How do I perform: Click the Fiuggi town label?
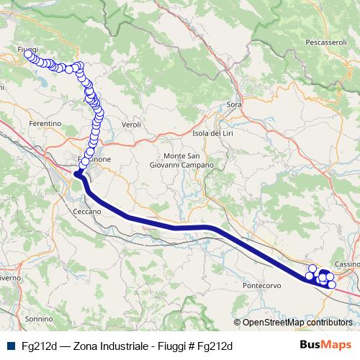(x=27, y=48)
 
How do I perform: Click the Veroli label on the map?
(x=131, y=125)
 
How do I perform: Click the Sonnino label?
(x=39, y=318)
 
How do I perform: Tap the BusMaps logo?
(x=324, y=346)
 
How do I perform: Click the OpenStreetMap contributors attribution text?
(x=297, y=323)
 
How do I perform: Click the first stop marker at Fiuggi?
(x=28, y=54)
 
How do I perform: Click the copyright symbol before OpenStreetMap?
(x=238, y=323)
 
